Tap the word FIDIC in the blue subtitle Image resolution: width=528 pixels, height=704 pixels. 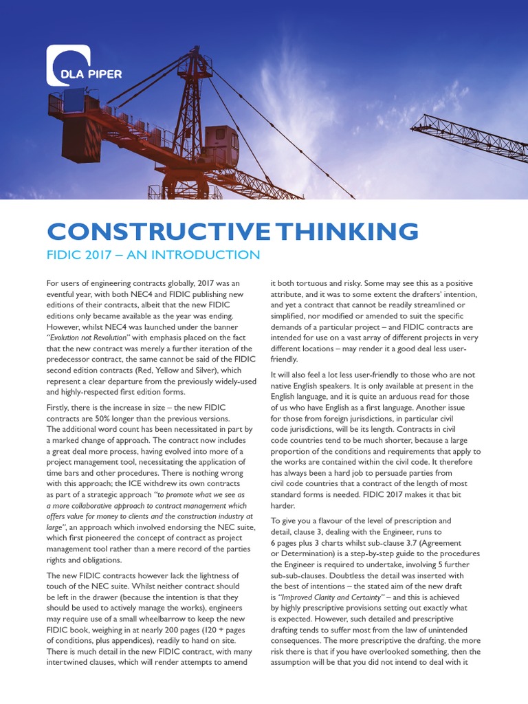click(x=66, y=255)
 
